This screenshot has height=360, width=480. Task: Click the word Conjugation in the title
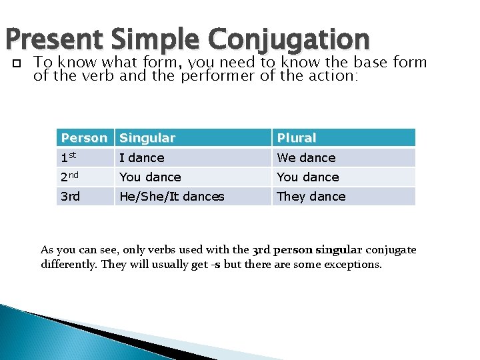coord(289,40)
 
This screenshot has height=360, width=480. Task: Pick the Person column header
coord(84,138)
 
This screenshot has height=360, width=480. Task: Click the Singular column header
coord(147,138)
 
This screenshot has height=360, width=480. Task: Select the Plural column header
coord(297,138)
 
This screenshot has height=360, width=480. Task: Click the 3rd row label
coord(71,196)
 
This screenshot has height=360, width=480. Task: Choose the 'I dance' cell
coord(141,158)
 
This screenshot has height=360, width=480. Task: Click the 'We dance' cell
coord(306,158)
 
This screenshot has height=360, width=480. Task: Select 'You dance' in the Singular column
coord(150,177)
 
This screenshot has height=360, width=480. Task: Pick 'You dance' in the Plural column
coord(307,177)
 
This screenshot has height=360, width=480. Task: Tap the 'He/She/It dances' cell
coord(171,197)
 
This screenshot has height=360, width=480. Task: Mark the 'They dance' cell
coord(311,197)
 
